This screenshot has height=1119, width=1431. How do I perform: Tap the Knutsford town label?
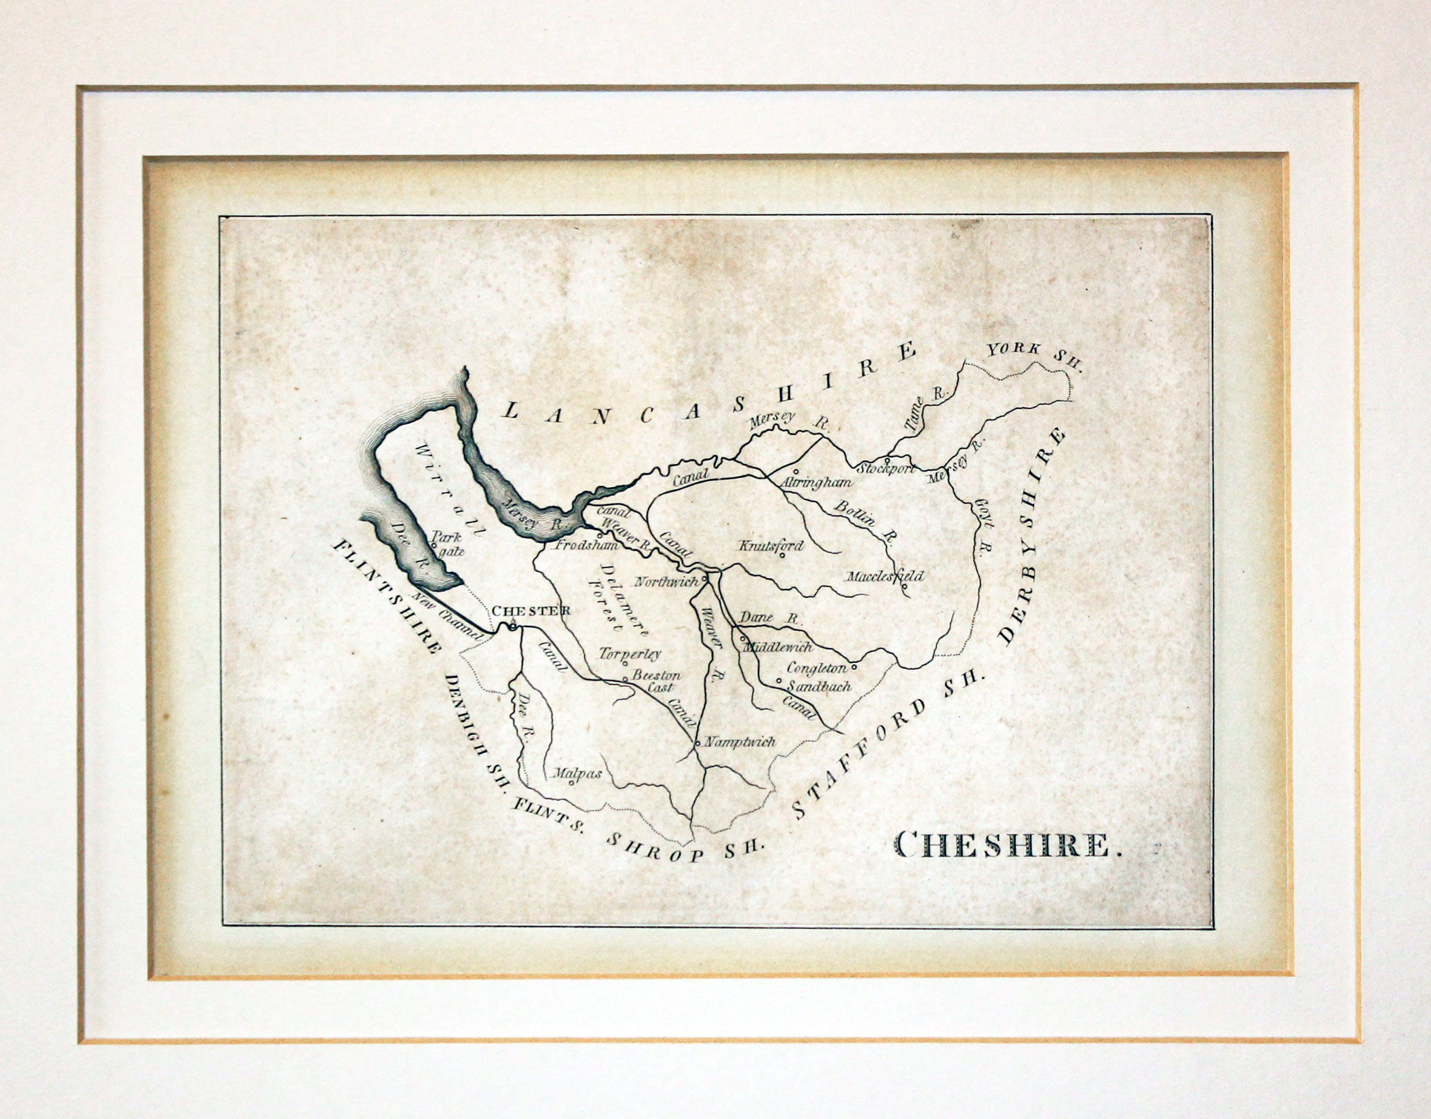771,546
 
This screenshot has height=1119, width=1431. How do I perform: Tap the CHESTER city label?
530,611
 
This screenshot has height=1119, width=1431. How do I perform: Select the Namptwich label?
740,742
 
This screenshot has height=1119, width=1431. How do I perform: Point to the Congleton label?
817,668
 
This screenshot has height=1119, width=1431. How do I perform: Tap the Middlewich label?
778,647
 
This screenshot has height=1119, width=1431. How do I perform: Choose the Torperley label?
630,654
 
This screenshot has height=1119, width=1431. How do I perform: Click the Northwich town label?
666,582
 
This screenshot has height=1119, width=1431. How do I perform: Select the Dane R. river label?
770,618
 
